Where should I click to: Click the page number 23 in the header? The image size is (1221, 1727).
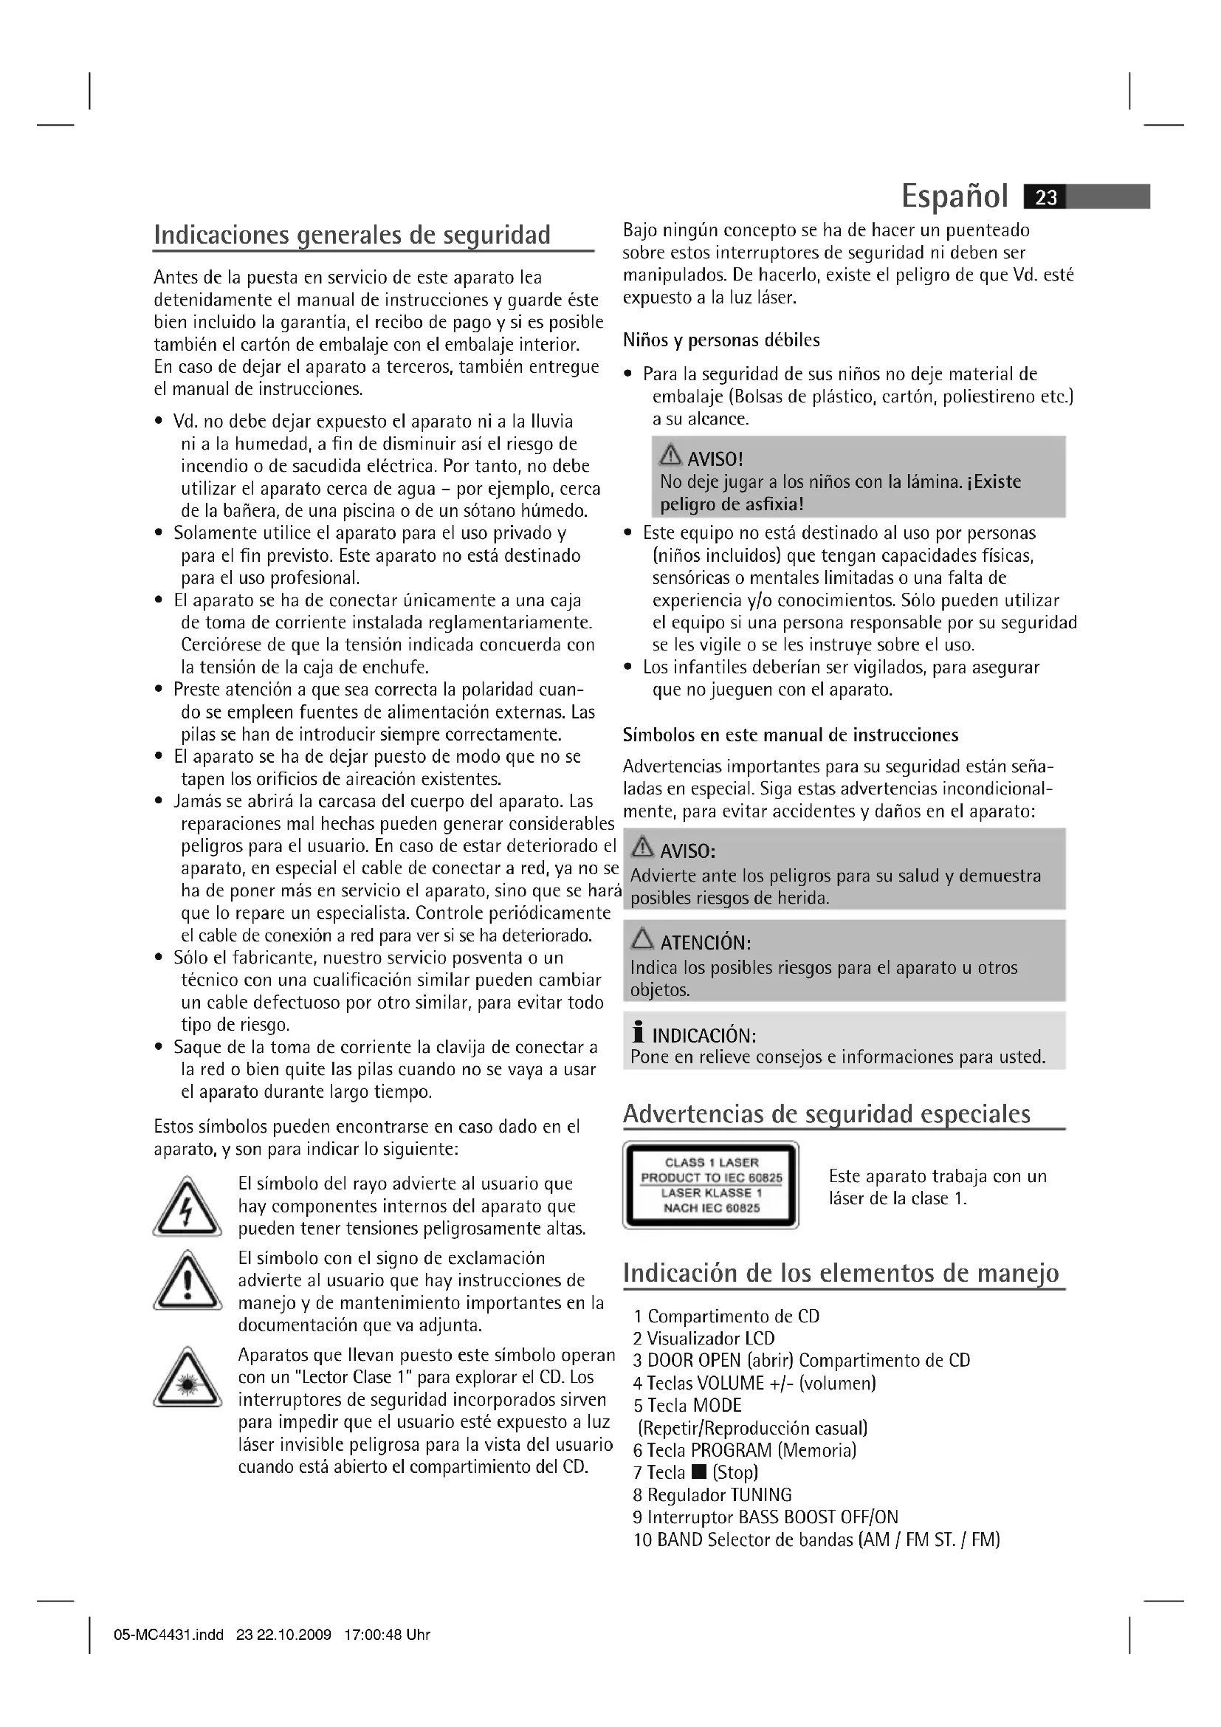pyautogui.click(x=1046, y=197)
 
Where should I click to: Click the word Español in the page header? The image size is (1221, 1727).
pyautogui.click(x=954, y=196)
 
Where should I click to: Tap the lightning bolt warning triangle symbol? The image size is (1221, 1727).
pyautogui.click(x=188, y=1207)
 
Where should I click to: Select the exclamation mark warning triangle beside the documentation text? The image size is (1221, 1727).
pyautogui.click(x=188, y=1280)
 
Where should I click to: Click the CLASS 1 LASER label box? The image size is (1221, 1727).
pyautogui.click(x=710, y=1186)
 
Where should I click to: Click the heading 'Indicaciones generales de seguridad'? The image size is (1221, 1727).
pyautogui.click(x=352, y=235)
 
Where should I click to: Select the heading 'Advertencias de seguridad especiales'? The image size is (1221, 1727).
pyautogui.click(x=826, y=1113)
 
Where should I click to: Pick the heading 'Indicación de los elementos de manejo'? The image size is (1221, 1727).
pyautogui.click(x=841, y=1273)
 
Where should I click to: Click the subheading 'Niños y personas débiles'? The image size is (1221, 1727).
pyautogui.click(x=721, y=340)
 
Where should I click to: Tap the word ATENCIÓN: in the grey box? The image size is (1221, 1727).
pyautogui.click(x=705, y=942)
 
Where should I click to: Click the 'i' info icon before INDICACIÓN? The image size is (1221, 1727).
pyautogui.click(x=639, y=1033)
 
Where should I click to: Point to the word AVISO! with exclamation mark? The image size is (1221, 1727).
pyautogui.click(x=715, y=458)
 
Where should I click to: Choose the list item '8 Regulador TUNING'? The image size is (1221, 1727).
pyautogui.click(x=712, y=1494)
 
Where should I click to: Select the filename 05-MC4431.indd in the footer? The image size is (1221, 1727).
pyautogui.click(x=168, y=1635)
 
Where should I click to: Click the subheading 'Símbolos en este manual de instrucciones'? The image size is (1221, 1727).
pyautogui.click(x=790, y=735)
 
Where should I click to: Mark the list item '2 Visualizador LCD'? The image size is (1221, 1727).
pyautogui.click(x=704, y=1338)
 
